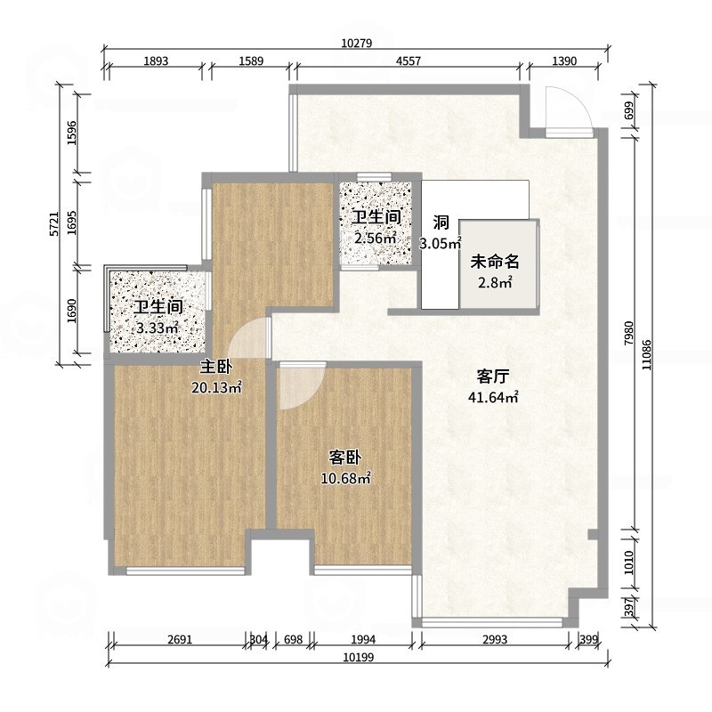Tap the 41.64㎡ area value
[493, 397]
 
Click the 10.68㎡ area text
[346, 478]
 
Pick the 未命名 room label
[495, 262]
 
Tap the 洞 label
[441, 222]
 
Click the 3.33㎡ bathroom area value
[158, 328]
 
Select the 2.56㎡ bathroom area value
[376, 238]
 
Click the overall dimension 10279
[357, 43]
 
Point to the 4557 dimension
[409, 61]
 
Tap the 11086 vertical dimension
[646, 354]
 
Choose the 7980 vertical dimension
[628, 333]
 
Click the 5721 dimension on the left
[54, 224]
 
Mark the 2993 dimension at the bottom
[495, 639]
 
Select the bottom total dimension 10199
[359, 657]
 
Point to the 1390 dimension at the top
[564, 61]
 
